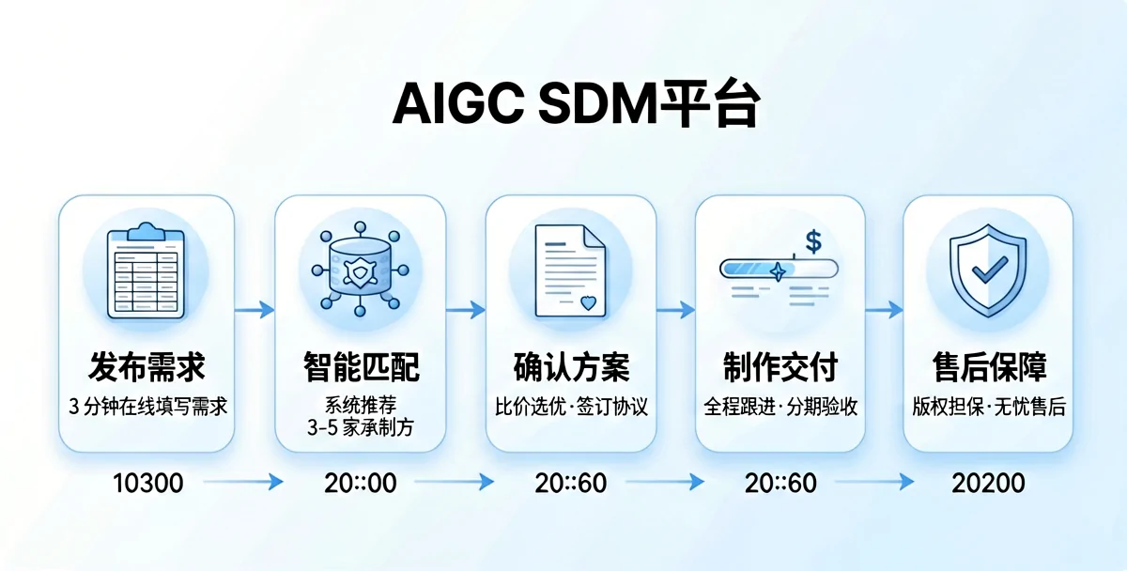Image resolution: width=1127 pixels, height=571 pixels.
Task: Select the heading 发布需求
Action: (x=147, y=367)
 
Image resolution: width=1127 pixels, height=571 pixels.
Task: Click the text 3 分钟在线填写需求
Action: (x=147, y=407)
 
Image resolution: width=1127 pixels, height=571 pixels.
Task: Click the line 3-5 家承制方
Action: (x=361, y=427)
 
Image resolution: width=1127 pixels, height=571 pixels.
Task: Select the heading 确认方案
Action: (x=571, y=367)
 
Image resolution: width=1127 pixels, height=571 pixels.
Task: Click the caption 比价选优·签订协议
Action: (x=571, y=408)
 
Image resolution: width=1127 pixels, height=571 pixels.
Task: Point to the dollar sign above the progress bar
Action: (x=813, y=241)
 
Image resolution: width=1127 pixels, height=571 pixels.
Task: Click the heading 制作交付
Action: (x=780, y=367)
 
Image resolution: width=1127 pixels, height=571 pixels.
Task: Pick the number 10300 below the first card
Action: (x=147, y=483)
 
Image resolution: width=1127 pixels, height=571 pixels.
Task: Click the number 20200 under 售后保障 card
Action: (x=988, y=483)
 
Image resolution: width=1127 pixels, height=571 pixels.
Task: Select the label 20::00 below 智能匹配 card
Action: (x=361, y=483)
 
